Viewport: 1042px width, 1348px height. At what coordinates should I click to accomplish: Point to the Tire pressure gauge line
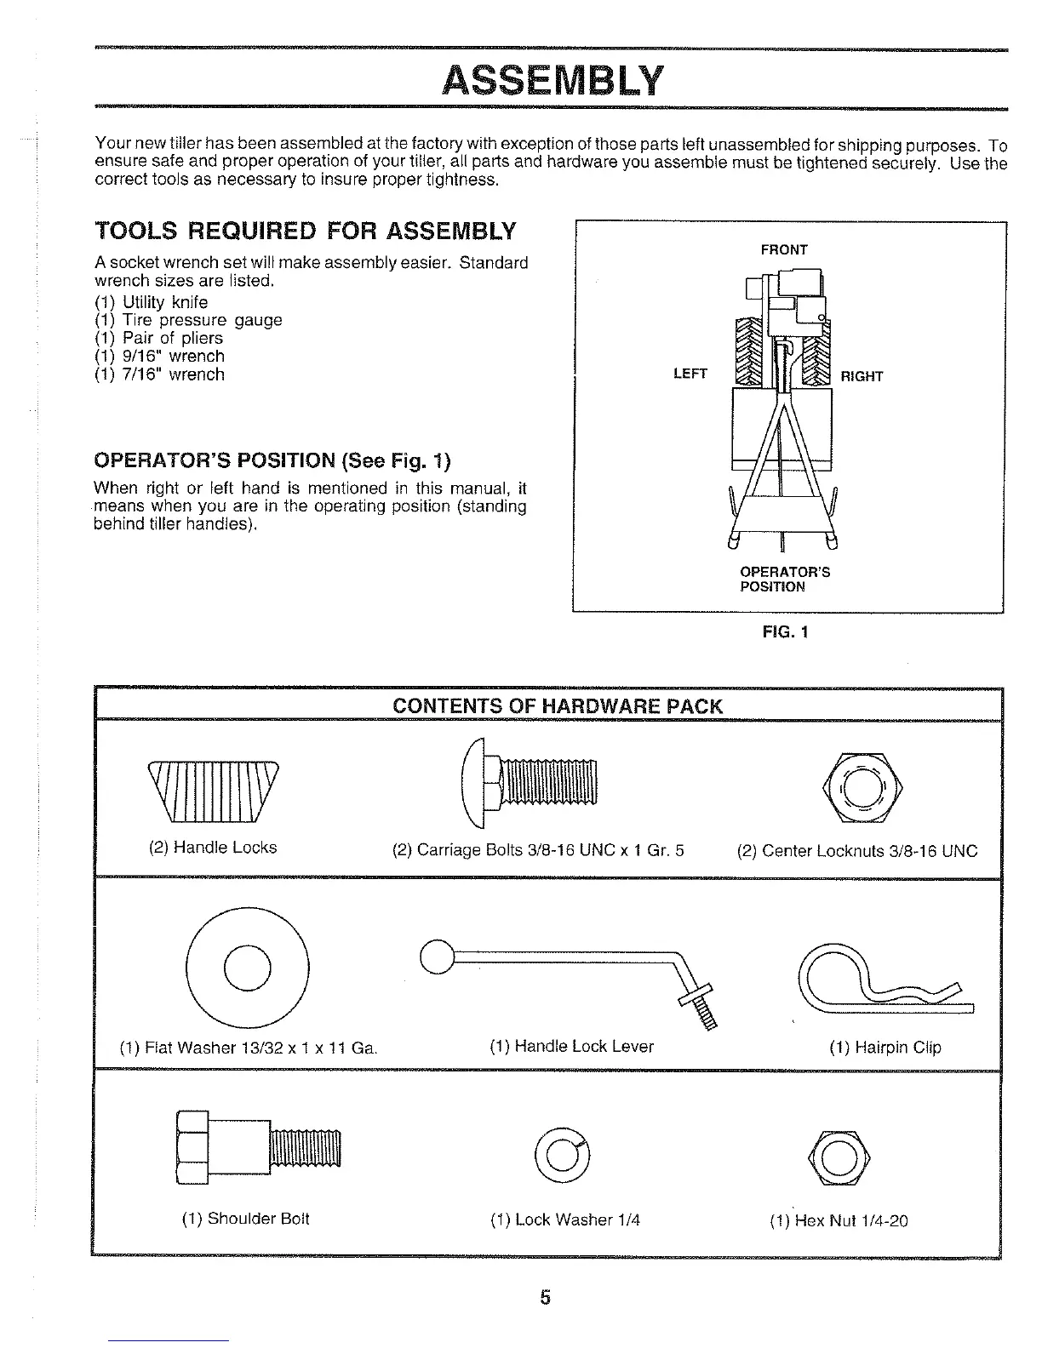[x=188, y=320]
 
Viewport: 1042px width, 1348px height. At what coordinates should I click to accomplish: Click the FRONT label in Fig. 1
[x=783, y=249]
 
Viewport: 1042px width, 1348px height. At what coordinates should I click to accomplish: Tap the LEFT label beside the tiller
[x=690, y=374]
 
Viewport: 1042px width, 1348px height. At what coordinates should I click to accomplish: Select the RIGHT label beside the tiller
[x=862, y=376]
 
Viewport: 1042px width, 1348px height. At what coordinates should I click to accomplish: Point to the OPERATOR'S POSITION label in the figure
[x=784, y=579]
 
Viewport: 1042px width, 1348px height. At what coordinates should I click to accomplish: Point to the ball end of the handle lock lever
[x=436, y=957]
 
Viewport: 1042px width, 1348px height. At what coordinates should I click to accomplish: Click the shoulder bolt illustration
[x=258, y=1147]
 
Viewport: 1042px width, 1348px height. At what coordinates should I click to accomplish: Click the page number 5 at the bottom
[x=545, y=1297]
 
